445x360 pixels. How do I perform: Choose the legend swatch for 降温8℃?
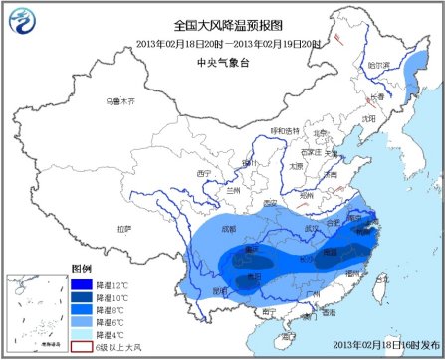pyautogui.click(x=82, y=311)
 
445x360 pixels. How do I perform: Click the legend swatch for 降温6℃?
pyautogui.click(x=82, y=323)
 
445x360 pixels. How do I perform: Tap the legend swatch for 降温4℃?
pyautogui.click(x=82, y=335)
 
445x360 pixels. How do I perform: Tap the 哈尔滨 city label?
pyautogui.click(x=380, y=65)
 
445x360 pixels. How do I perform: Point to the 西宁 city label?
pyautogui.click(x=206, y=174)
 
